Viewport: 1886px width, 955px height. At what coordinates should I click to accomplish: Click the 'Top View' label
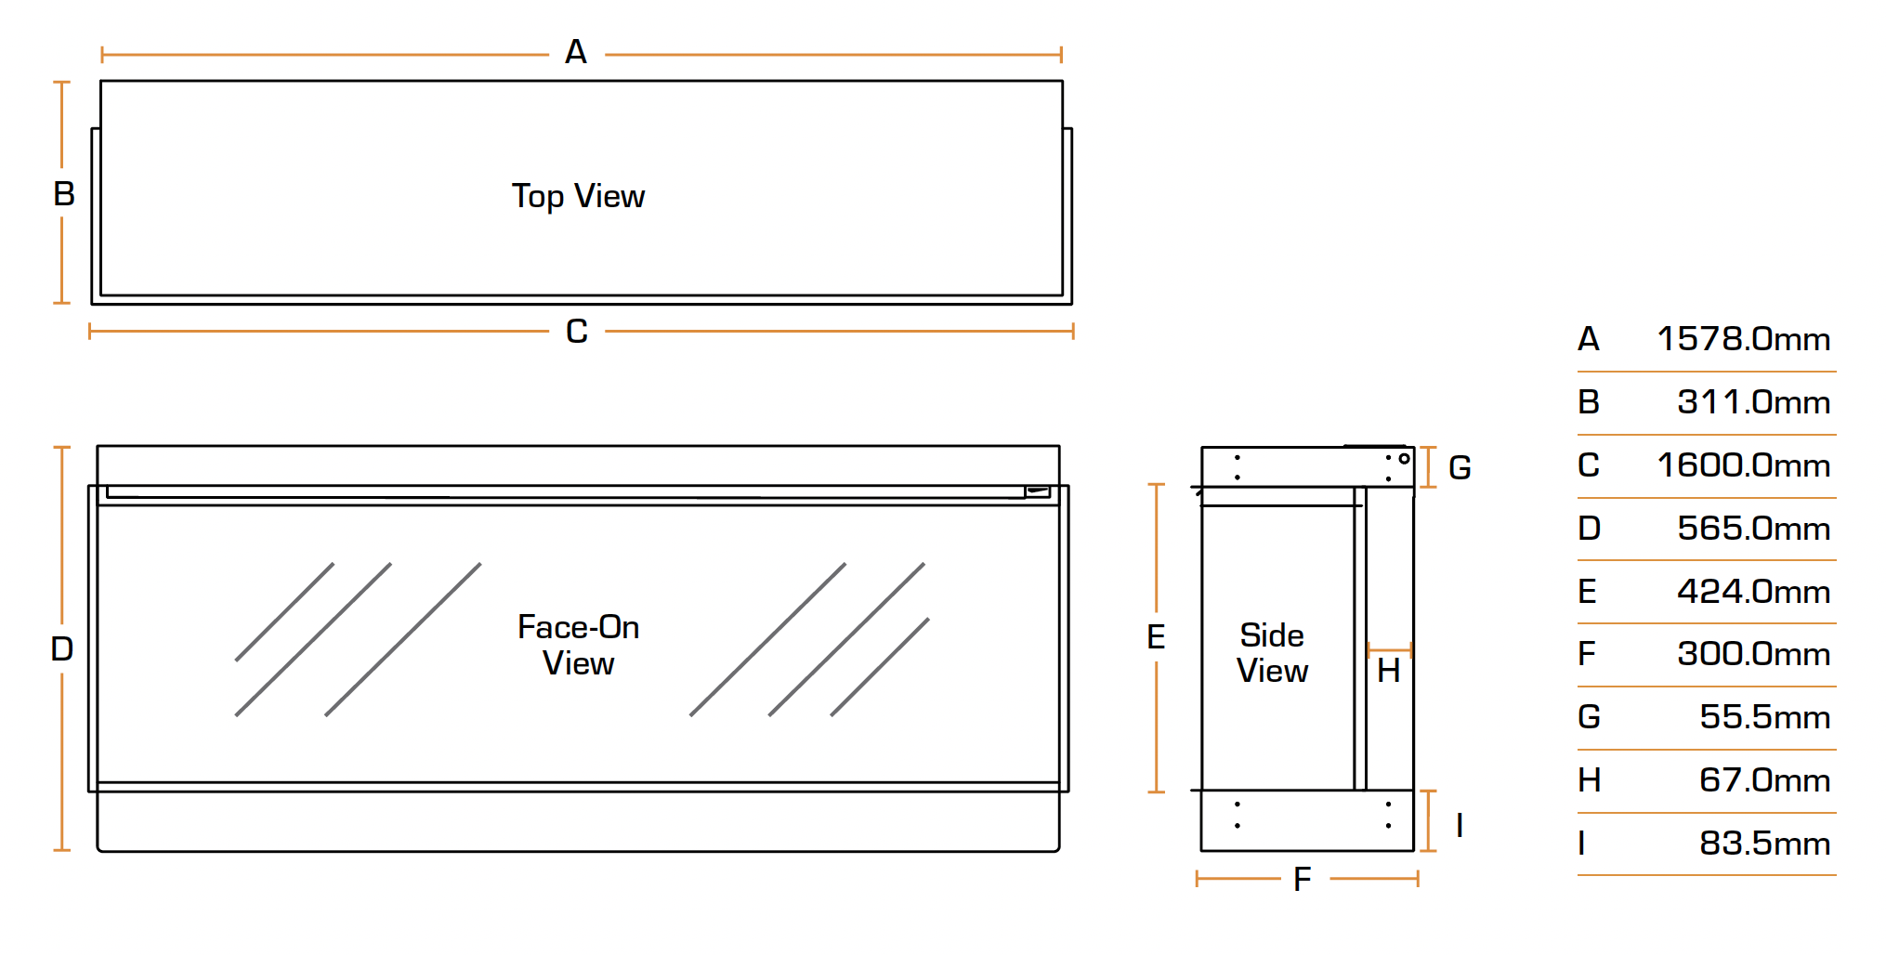[578, 197]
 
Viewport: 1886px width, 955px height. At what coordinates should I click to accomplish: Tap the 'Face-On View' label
[578, 645]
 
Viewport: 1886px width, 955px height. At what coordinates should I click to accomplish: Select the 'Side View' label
[1272, 653]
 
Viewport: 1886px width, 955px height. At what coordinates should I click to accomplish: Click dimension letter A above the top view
[576, 52]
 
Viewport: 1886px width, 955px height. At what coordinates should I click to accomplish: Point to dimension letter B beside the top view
[64, 194]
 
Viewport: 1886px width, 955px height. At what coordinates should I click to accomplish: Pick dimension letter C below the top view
[577, 332]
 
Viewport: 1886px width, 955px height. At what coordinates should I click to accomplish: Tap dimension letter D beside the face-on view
[62, 648]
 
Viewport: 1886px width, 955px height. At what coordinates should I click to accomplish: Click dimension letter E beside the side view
[1156, 637]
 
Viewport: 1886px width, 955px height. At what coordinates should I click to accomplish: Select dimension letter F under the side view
[1303, 879]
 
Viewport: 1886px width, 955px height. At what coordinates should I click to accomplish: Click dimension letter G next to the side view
[1460, 467]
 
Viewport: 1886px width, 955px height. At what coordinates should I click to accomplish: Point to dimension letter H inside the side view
[1388, 671]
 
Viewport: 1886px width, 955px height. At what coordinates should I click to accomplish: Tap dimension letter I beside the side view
[1460, 825]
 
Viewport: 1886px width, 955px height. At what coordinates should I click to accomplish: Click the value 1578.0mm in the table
[1743, 339]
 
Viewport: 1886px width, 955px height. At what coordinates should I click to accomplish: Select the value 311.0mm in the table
[1753, 402]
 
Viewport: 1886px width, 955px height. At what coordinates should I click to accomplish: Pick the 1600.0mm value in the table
[1743, 465]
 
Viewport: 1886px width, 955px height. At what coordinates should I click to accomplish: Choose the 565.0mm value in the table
[1753, 529]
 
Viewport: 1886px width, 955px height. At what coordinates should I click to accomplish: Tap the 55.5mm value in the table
[1764, 717]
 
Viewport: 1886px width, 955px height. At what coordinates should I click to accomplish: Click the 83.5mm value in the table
[1764, 844]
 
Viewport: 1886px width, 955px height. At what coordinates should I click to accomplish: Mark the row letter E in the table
[1587, 592]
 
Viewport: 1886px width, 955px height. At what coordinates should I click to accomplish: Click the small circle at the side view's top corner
[1404, 458]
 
